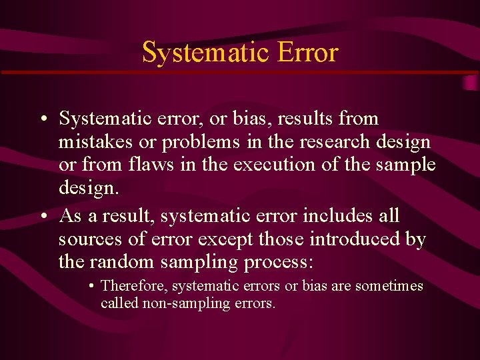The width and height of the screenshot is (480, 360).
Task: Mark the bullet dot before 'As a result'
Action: (x=42, y=217)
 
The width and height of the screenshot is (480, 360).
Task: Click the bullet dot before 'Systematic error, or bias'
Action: (x=42, y=119)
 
